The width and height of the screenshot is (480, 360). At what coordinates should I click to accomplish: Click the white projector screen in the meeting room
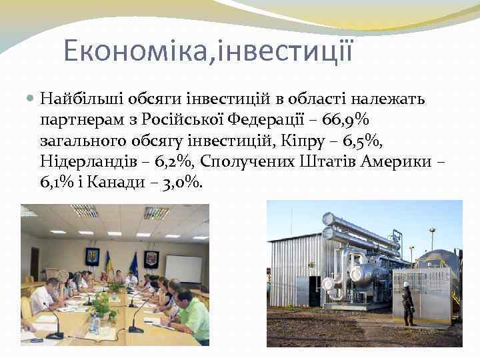click(x=183, y=268)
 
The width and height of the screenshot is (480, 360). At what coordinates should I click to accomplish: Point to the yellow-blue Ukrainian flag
click(x=109, y=262)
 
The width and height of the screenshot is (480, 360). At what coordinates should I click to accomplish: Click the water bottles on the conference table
click(x=95, y=325)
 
